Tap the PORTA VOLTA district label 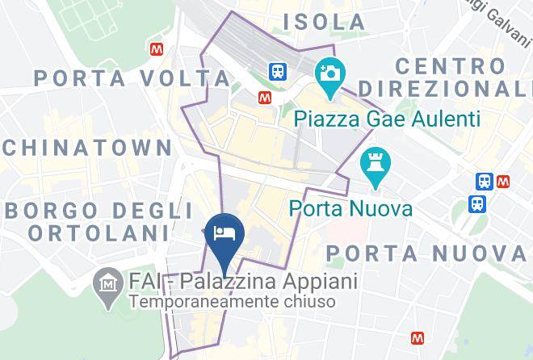coord(132,79)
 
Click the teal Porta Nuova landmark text coord(351,209)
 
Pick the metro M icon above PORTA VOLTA coord(157,48)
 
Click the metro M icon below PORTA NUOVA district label coord(418,337)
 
